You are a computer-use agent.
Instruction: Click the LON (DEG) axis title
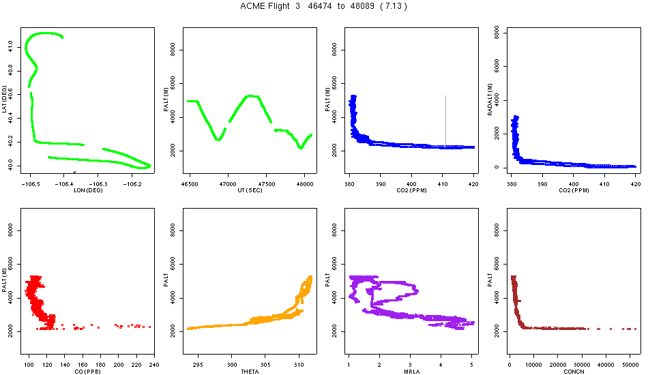click(87, 190)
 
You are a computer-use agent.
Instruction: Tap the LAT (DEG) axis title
click(5, 99)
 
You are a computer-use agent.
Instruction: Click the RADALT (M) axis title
click(490, 99)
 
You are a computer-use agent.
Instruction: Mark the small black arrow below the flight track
click(74, 172)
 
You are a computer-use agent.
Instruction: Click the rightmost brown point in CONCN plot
click(635, 329)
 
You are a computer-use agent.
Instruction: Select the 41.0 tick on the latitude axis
click(11, 45)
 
